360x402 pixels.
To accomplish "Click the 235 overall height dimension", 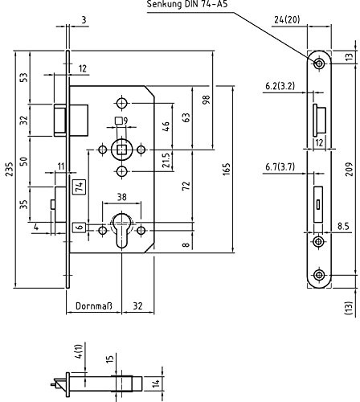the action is point(10,169).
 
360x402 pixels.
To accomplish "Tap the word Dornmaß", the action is point(94,306).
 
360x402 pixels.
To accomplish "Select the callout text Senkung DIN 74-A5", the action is point(187,4).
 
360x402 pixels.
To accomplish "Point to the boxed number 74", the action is point(80,187).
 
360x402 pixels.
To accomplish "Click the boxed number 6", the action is point(80,228).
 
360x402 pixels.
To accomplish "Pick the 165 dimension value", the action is point(227,169).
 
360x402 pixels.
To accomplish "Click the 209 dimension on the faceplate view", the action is point(349,169).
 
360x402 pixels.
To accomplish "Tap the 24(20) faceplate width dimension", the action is point(287,19).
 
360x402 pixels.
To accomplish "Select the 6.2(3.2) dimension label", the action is point(280,86).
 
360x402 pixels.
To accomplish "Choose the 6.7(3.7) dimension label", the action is point(280,167).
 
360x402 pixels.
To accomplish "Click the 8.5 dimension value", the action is point(343,227).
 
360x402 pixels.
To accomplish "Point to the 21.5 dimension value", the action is point(166,160).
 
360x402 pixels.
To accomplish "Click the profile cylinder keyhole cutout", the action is point(122,229).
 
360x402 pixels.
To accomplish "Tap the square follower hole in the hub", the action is point(122,150).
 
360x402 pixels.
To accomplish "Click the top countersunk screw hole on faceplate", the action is point(319,64).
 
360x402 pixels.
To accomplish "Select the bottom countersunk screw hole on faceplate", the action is point(319,275).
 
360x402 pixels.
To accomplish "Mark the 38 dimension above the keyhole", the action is point(122,197).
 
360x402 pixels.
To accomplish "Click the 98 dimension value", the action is point(207,100).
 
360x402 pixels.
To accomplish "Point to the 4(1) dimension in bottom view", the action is point(80,351).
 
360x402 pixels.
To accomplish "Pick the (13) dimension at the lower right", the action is point(348,308).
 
